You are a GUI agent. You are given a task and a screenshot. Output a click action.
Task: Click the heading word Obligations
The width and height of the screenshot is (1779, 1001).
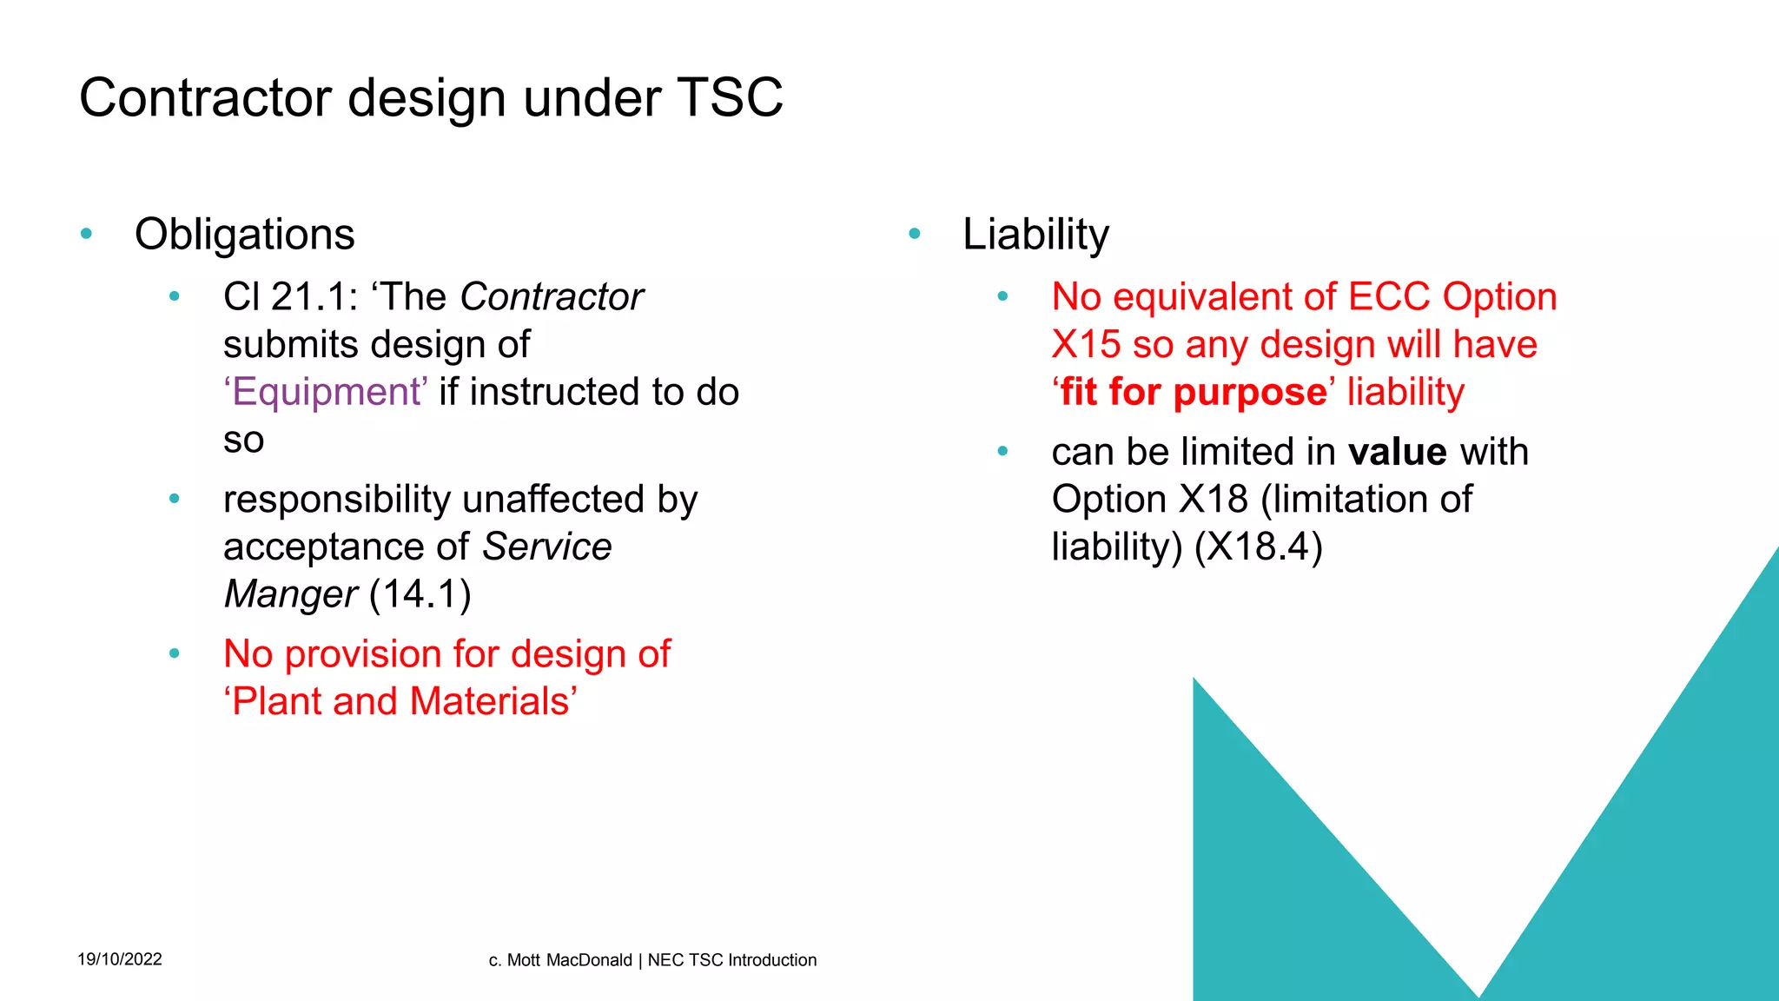[245, 235]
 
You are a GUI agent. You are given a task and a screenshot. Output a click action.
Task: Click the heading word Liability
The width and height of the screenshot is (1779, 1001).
[1035, 235]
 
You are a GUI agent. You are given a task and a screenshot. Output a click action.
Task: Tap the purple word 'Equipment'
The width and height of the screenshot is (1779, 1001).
[326, 392]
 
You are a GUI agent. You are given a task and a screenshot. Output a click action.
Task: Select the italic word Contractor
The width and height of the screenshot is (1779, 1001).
[552, 297]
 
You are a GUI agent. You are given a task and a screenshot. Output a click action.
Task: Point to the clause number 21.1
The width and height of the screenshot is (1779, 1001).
[308, 297]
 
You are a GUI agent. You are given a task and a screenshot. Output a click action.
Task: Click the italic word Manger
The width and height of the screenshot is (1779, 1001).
[290, 594]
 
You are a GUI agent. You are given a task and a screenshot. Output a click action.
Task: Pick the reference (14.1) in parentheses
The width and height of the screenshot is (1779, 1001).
[420, 594]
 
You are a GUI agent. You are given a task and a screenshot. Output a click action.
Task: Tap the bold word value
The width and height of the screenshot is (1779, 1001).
[1398, 452]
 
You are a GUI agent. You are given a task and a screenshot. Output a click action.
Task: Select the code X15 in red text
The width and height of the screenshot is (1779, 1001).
[1086, 345]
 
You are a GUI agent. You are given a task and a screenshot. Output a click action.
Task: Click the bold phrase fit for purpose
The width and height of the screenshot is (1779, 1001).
[1193, 393]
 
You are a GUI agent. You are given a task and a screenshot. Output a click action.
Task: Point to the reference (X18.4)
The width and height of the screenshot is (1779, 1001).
[1259, 547]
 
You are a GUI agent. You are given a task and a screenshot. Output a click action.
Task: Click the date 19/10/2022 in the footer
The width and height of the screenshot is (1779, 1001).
[120, 959]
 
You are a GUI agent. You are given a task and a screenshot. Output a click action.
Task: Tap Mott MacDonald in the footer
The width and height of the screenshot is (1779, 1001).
[569, 960]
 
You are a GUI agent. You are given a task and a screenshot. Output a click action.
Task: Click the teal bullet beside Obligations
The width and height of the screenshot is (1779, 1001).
[86, 234]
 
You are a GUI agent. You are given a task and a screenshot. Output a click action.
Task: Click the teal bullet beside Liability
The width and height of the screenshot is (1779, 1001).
[914, 234]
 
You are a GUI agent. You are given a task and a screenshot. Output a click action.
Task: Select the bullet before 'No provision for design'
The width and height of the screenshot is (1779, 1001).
[175, 653]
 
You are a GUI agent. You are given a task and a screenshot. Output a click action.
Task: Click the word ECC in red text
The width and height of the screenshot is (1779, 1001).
[1389, 297]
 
